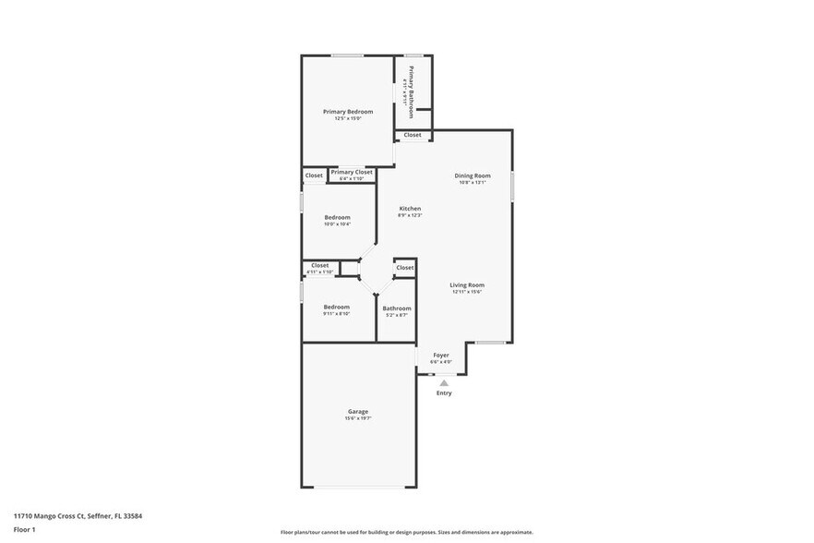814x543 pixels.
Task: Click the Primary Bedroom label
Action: click(348, 112)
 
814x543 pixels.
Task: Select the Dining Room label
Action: click(473, 175)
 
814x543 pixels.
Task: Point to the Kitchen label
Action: click(410, 209)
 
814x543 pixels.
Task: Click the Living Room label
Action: click(467, 285)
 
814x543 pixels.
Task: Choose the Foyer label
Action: click(441, 355)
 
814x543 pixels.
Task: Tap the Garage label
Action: click(358, 412)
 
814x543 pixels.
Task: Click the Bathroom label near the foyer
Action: click(397, 308)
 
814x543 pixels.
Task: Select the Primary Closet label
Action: click(352, 172)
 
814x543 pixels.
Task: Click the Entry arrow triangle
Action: click(444, 381)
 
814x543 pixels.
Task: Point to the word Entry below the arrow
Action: click(444, 393)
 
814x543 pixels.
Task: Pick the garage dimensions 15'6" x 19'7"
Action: click(358, 419)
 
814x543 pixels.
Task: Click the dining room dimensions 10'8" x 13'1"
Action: click(473, 183)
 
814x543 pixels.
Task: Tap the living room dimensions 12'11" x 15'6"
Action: click(467, 293)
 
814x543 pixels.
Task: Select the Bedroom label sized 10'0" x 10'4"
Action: click(337, 217)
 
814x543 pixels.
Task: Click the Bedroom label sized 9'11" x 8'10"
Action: click(336, 307)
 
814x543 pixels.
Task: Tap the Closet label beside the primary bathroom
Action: click(413, 135)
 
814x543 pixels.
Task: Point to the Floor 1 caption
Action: click(24, 529)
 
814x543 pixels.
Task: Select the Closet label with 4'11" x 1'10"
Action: click(320, 266)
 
